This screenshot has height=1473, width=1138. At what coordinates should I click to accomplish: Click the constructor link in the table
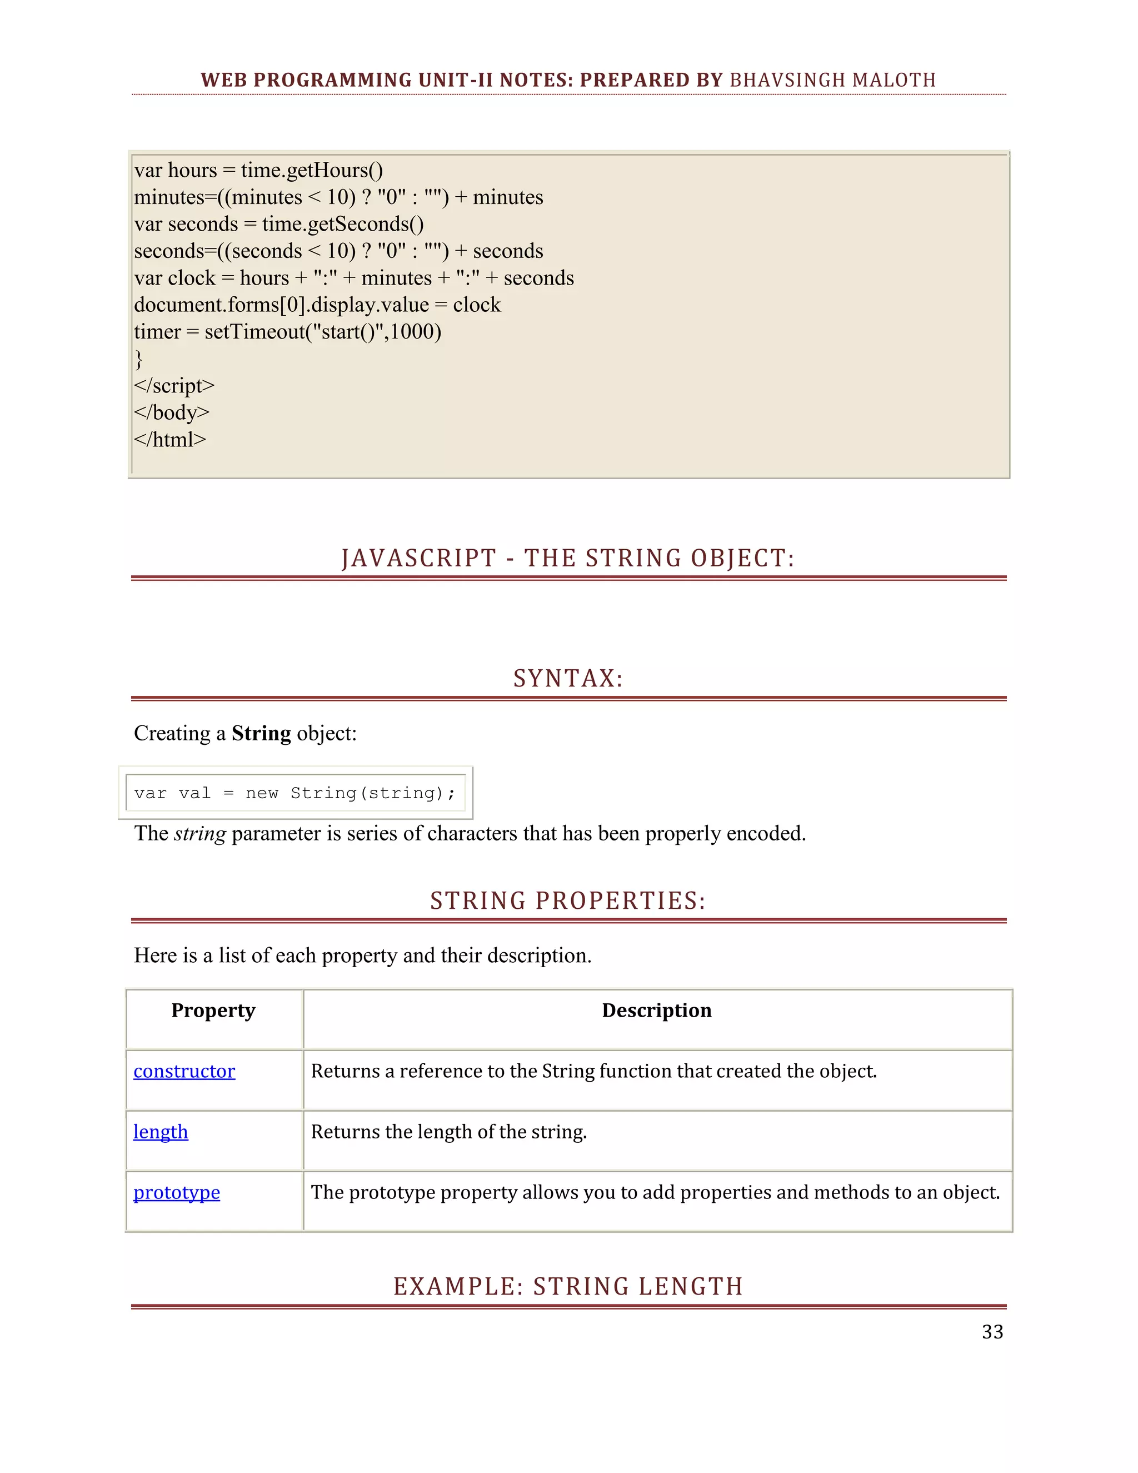(184, 1071)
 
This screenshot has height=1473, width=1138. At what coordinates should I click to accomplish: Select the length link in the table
(161, 1132)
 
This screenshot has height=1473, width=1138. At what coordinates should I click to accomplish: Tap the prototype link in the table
(177, 1192)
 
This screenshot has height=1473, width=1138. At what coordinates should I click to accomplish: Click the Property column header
(213, 1011)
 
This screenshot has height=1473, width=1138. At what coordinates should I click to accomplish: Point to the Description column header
(657, 1011)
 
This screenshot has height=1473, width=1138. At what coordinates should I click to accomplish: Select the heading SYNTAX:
(568, 679)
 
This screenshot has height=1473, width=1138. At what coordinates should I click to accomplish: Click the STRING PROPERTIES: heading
(568, 901)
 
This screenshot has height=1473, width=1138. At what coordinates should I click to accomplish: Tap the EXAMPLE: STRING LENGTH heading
(568, 1287)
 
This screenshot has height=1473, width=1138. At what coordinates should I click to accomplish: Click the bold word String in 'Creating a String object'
(261, 733)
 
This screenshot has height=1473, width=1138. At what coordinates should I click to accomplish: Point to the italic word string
(199, 834)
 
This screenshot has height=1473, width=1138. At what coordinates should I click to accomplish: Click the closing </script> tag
(174, 386)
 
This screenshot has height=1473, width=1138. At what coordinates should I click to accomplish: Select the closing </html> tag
(170, 440)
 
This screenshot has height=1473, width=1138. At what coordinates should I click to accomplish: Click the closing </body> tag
(172, 413)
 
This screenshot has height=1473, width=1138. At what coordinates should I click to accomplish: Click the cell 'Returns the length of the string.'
(449, 1132)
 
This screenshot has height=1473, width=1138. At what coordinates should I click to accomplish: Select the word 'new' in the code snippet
(262, 793)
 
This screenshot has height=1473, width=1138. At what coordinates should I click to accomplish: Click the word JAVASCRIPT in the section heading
(418, 559)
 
